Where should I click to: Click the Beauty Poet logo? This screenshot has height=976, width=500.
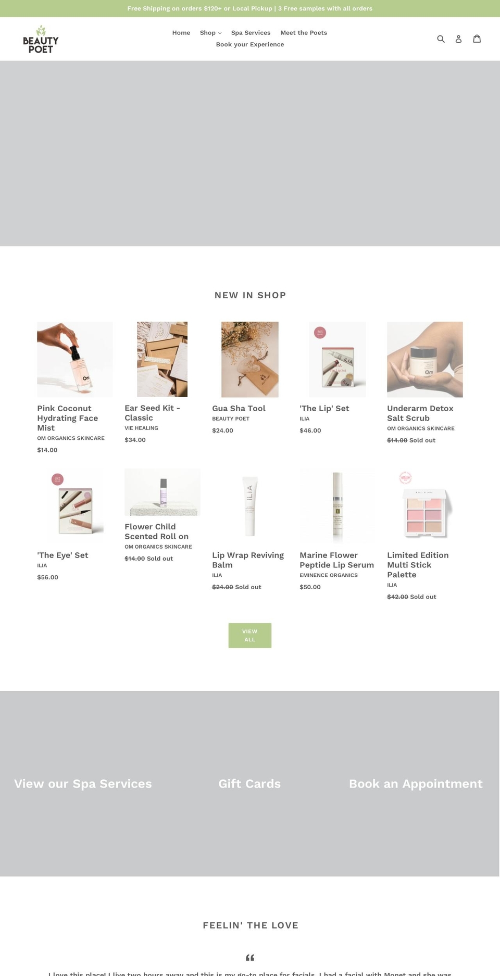click(x=41, y=40)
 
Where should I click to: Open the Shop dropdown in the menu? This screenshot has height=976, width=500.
click(x=210, y=33)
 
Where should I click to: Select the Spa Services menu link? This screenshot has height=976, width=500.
click(x=251, y=33)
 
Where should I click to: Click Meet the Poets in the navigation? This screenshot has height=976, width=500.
click(x=304, y=33)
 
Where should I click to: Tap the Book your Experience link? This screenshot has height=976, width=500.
click(x=250, y=45)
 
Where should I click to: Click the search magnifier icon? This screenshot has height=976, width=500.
click(x=441, y=39)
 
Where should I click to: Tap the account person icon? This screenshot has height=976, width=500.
click(x=458, y=39)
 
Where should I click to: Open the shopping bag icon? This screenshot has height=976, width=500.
click(x=477, y=39)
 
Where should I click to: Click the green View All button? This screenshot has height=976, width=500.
click(x=250, y=636)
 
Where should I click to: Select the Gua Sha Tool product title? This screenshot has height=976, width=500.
click(x=239, y=409)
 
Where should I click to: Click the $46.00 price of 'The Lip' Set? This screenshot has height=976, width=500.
click(x=310, y=430)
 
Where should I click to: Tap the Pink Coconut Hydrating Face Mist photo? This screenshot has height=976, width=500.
click(x=75, y=360)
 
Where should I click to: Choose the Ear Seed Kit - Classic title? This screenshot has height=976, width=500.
click(x=152, y=413)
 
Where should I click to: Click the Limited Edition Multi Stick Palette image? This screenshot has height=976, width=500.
click(x=424, y=506)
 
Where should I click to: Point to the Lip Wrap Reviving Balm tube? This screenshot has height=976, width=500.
click(x=250, y=506)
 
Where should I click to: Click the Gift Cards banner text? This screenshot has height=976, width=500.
click(x=249, y=784)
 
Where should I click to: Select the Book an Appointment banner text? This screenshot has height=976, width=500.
click(x=416, y=784)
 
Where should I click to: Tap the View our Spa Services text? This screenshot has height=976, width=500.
click(x=83, y=784)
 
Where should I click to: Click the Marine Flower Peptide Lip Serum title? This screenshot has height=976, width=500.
click(x=336, y=560)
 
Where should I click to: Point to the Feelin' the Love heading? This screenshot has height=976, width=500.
click(x=251, y=926)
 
